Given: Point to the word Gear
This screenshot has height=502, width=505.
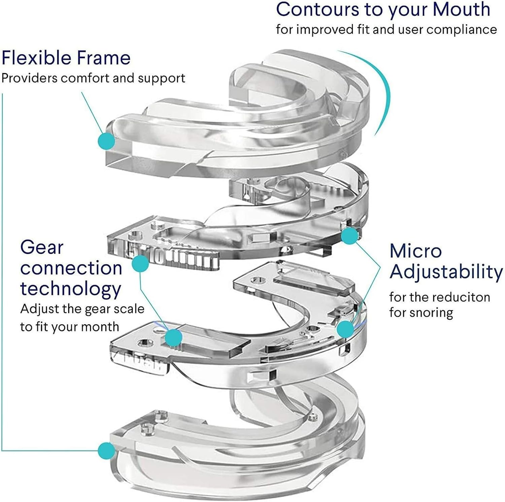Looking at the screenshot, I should (42, 248).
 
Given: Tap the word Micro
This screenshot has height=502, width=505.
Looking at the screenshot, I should (415, 251).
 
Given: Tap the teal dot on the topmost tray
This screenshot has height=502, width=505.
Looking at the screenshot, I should (106, 141).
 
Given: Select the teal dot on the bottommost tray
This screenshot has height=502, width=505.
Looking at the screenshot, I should (106, 451).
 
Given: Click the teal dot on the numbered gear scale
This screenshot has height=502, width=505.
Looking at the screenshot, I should (140, 264).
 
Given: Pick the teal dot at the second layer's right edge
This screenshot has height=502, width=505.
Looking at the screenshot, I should (349, 236).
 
